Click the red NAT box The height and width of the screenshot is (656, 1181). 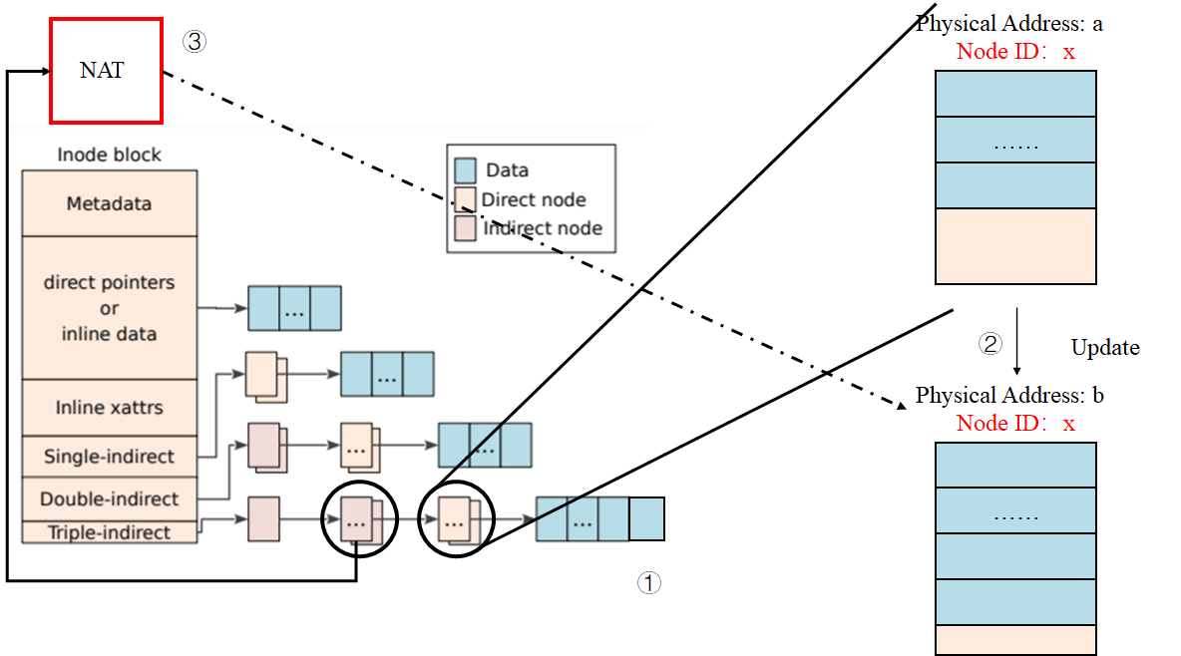[106, 71]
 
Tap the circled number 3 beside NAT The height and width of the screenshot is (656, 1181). [194, 42]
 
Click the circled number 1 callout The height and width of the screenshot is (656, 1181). [648, 583]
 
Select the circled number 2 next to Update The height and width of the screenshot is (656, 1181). [988, 344]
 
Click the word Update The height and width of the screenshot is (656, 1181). [1104, 348]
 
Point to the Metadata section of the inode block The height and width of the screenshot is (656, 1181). [110, 203]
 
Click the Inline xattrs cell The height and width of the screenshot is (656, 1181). [110, 407]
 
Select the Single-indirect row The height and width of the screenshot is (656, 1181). [110, 457]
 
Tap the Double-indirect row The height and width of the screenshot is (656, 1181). [110, 498]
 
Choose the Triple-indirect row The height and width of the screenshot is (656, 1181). [110, 532]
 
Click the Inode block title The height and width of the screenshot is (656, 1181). [110, 155]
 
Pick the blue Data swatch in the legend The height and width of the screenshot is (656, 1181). [465, 170]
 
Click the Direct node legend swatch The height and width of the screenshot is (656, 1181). [465, 199]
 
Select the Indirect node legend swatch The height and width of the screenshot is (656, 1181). [465, 228]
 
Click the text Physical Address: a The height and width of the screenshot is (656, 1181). [1008, 24]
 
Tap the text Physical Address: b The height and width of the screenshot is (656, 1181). [1009, 396]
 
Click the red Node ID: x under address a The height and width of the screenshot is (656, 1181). [1015, 52]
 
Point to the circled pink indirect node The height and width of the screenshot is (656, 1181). [358, 519]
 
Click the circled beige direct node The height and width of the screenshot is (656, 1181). [455, 519]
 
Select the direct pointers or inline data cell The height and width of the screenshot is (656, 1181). [110, 307]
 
